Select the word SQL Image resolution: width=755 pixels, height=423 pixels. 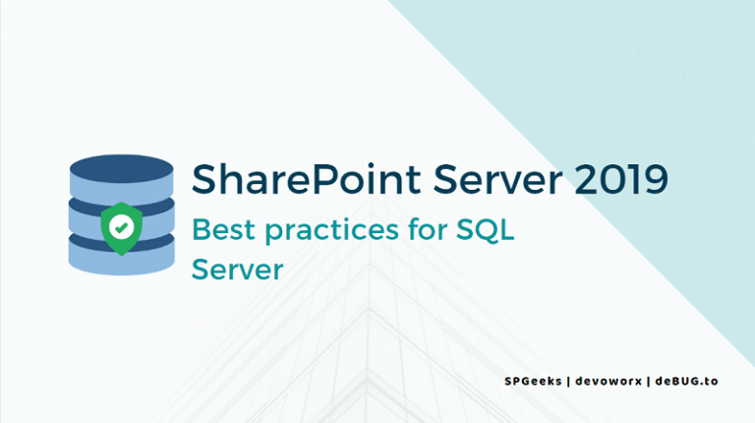coord(487,230)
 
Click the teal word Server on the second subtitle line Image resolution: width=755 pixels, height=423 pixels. coord(238,270)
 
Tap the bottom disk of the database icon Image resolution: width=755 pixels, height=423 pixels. coord(121,259)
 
